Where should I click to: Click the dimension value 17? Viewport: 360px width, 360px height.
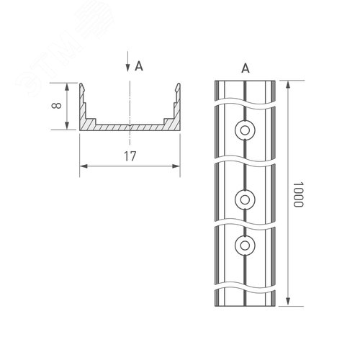click(130, 156)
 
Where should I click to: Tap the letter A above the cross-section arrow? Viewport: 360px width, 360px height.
click(138, 66)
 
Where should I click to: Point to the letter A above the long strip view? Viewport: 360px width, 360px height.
click(245, 68)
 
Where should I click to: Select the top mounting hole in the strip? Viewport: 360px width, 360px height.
click(245, 130)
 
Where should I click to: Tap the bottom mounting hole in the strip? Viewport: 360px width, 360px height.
click(245, 246)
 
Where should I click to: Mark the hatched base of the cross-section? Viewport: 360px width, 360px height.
click(130, 127)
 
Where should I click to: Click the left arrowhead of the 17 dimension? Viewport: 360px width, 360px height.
click(82, 166)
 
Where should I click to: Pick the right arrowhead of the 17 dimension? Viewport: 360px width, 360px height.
click(177, 166)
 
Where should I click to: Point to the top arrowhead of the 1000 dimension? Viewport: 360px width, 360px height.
click(288, 84)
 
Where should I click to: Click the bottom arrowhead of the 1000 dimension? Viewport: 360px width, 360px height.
click(288, 303)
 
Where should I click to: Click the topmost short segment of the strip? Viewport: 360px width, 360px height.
click(245, 94)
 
